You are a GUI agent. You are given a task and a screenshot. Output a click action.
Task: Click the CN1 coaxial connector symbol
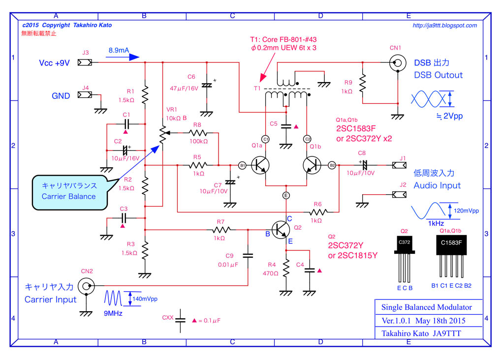click(397, 62)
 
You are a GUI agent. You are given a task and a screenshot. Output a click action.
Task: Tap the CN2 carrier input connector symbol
click(87, 285)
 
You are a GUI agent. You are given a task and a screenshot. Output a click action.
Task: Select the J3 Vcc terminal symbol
click(85, 62)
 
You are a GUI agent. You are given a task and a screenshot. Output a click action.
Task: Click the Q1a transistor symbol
click(259, 165)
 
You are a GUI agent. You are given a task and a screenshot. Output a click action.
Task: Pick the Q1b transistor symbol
click(312, 165)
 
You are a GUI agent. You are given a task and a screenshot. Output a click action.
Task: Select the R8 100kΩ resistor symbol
click(197, 133)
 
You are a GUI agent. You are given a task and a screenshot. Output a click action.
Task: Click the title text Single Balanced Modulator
click(426, 307)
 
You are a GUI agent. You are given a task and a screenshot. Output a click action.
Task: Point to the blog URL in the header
click(444, 26)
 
